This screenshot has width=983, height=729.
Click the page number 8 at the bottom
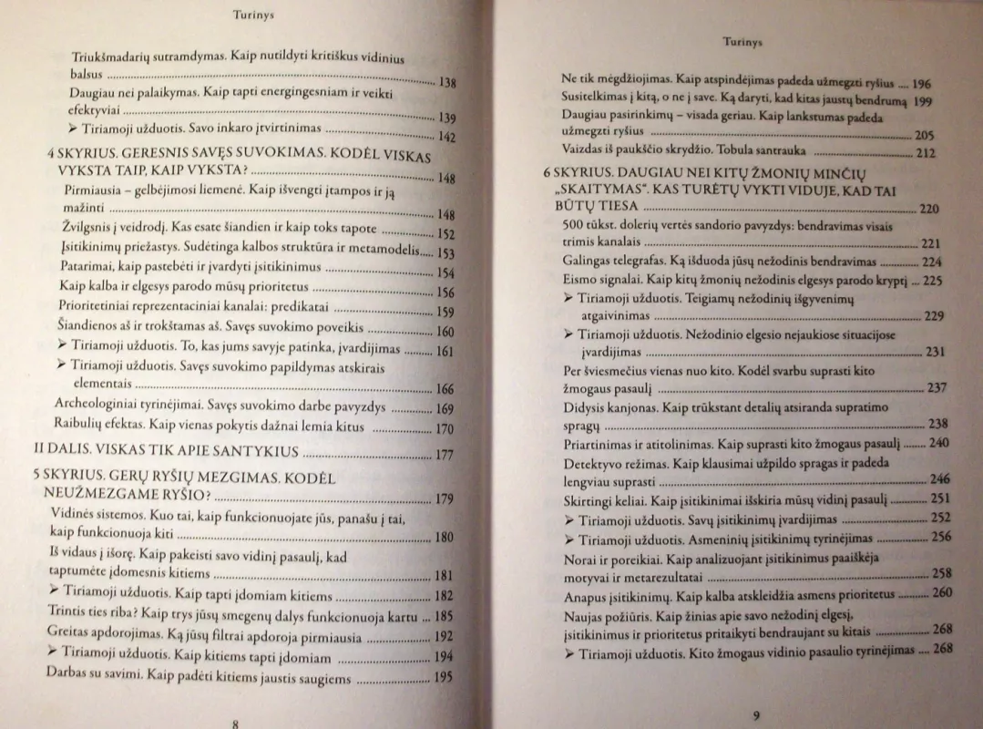[x=235, y=723]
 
